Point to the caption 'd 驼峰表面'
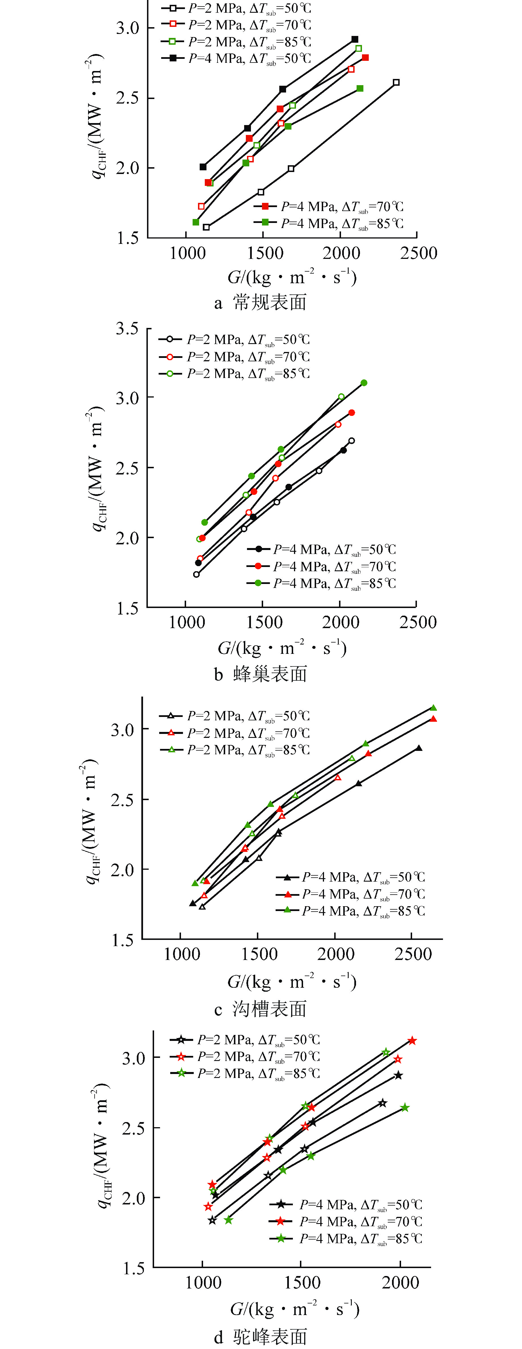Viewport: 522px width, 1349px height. pyautogui.click(x=261, y=1336)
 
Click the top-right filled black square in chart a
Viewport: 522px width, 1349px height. pyautogui.click(x=355, y=39)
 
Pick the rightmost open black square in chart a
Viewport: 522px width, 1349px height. pyautogui.click(x=396, y=82)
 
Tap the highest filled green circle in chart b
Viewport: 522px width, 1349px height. pyautogui.click(x=364, y=383)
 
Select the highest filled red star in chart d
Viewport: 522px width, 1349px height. pyautogui.click(x=412, y=1041)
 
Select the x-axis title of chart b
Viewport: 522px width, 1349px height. pyautogui.click(x=282, y=648)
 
